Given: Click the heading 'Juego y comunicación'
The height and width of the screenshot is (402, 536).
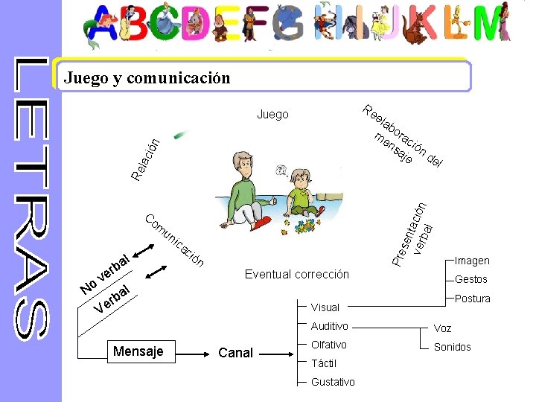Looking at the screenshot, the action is pos(147,77).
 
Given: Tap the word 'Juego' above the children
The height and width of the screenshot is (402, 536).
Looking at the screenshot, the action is pos(272,115).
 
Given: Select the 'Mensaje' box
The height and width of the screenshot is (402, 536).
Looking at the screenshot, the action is pos(138,351).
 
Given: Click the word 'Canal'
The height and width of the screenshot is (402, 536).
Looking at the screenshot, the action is pos(236,353).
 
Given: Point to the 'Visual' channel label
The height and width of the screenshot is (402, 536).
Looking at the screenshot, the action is pos(325,307).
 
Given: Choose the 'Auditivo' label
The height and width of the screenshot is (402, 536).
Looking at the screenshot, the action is pos(329,326).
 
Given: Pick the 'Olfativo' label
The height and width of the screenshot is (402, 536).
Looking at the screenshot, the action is pos(329,345).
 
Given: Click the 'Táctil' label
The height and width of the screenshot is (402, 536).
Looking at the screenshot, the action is pos(324,363).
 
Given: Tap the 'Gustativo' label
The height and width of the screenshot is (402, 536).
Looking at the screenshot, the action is pos(333,382).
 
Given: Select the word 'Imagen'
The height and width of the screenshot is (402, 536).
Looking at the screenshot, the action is pos(473,261).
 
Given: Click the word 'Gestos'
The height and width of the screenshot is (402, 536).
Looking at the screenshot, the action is pos(470,279).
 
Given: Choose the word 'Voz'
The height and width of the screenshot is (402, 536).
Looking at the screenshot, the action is pos(442,328).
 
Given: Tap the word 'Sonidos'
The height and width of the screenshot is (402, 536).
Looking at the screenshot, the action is pos(453,347).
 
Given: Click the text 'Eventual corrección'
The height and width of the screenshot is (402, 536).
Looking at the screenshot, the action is pos(297,274).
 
